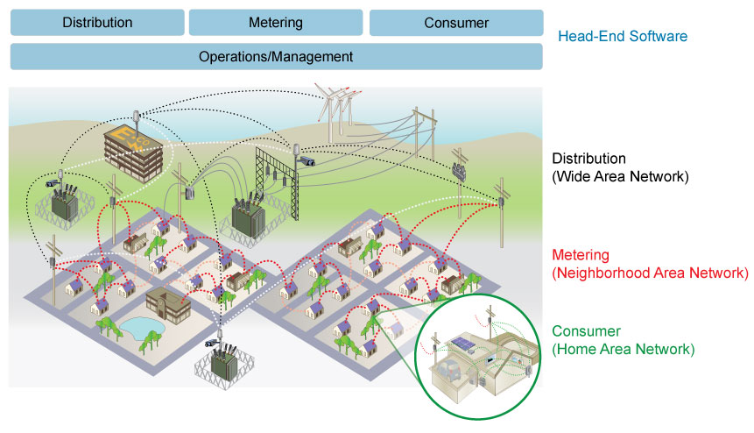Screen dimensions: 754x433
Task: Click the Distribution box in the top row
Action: click(x=97, y=22)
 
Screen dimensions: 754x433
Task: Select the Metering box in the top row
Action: click(x=276, y=22)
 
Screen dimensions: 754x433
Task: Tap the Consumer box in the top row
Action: click(x=456, y=23)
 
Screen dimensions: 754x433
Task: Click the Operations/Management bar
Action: click(x=277, y=56)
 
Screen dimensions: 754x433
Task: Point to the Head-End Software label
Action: click(x=623, y=36)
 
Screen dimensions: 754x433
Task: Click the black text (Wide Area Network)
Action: click(x=620, y=176)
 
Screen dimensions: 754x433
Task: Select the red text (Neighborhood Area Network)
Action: click(x=650, y=273)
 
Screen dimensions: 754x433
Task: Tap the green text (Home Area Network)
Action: click(x=624, y=349)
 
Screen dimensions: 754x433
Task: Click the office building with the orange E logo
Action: click(x=134, y=152)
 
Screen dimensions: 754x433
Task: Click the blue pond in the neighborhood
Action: click(x=142, y=328)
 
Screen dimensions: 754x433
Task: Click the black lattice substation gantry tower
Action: click(x=278, y=181)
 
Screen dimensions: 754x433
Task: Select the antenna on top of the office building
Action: click(x=136, y=121)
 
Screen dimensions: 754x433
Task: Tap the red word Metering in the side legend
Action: click(x=581, y=254)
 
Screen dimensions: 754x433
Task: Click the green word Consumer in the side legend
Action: click(x=586, y=331)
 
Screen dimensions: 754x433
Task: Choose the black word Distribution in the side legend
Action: click(x=588, y=159)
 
